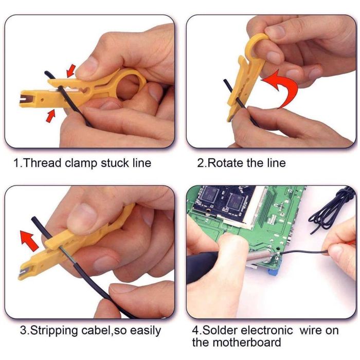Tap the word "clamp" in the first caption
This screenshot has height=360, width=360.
point(81,164)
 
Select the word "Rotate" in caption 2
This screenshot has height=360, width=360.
point(226,163)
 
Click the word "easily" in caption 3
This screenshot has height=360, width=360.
point(146,331)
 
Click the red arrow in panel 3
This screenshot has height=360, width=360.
point(29,241)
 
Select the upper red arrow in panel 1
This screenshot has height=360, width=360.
point(71,70)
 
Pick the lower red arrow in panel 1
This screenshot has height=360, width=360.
point(51,116)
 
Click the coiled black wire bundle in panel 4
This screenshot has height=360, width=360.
point(331,210)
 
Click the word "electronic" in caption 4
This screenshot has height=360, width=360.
point(267,330)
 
